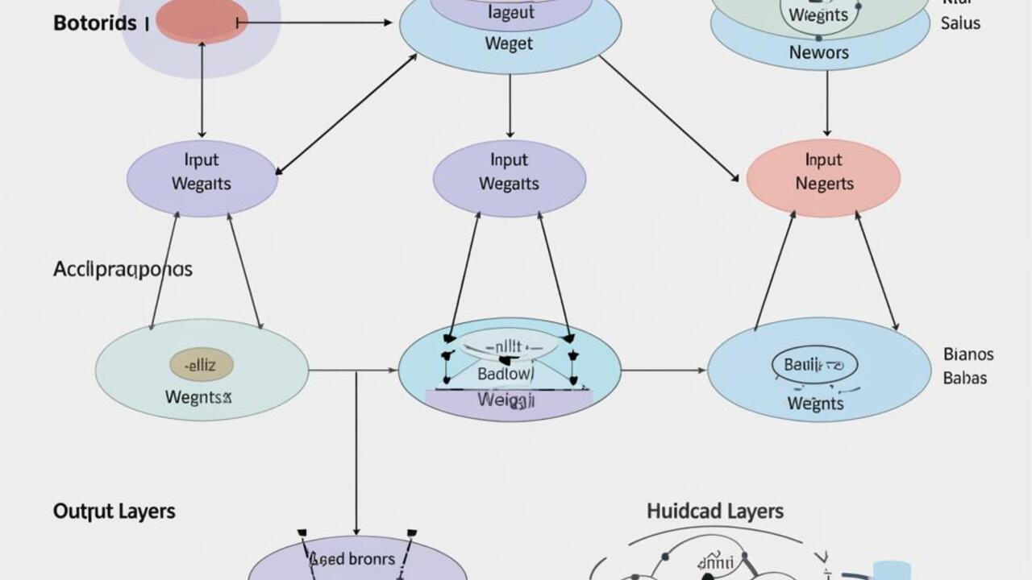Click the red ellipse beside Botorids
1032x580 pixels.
[x=202, y=21]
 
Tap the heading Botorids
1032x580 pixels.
[x=94, y=23]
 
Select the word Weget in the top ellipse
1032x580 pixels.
[x=509, y=43]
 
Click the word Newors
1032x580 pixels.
[x=818, y=52]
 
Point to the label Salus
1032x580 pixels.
[x=960, y=23]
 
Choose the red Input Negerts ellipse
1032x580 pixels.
[x=822, y=177]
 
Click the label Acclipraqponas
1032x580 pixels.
[x=123, y=269]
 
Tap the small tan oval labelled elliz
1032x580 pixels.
[x=201, y=365]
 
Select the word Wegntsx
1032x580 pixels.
[x=198, y=396]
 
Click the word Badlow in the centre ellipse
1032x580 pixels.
[x=506, y=374]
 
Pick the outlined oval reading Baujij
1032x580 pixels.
[x=814, y=365]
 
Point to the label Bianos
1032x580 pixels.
[x=968, y=354]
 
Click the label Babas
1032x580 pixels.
[x=964, y=378]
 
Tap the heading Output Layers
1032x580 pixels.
[x=114, y=511]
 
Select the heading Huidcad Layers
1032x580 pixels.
[x=714, y=511]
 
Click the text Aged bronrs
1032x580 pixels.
[x=352, y=558]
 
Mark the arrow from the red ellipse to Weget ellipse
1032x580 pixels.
[x=314, y=23]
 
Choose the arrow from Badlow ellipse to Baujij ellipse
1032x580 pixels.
[x=664, y=371]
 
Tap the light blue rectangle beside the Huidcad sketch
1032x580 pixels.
[x=891, y=570]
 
